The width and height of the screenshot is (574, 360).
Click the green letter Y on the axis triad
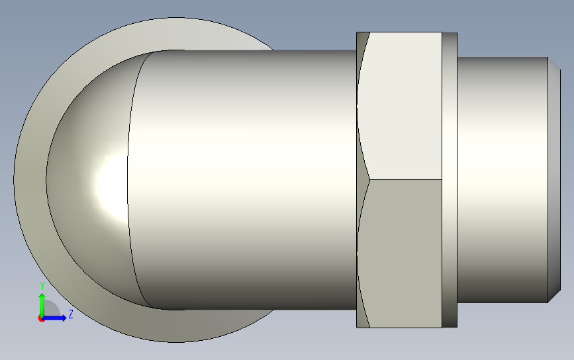42,285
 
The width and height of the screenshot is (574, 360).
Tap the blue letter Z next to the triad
71,314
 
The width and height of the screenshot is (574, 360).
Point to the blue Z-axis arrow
54,318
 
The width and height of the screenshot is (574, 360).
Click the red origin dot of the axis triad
41,319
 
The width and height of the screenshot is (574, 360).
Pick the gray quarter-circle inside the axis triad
51,309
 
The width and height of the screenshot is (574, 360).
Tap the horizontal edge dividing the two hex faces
406,179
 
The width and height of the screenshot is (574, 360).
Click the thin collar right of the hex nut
450,179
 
